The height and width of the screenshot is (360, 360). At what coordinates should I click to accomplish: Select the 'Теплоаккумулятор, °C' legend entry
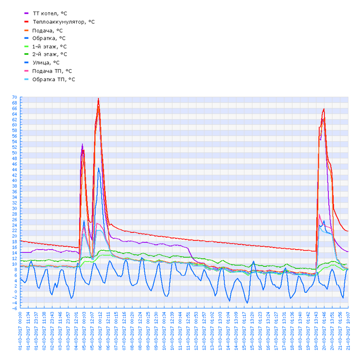pyautogui.click(x=63, y=22)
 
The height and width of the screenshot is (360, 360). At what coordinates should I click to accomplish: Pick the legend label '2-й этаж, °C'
pyautogui.click(x=49, y=54)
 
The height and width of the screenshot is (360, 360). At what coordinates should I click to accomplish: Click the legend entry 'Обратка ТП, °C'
pyautogui.click(x=53, y=79)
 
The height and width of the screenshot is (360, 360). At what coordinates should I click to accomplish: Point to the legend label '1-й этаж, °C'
pyautogui.click(x=49, y=47)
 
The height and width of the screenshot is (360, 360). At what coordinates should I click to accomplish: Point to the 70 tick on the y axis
pyautogui.click(x=14, y=97)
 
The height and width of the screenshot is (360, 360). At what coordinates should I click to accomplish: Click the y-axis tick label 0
pyautogui.click(x=16, y=292)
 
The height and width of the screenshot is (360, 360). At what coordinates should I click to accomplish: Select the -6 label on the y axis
pyautogui.click(x=15, y=308)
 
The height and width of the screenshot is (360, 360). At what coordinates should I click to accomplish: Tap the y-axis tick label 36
pyautogui.click(x=14, y=192)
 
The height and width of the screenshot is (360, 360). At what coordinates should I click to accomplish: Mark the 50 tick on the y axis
pyautogui.click(x=14, y=153)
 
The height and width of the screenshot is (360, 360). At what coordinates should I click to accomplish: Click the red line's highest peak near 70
pyautogui.click(x=98, y=98)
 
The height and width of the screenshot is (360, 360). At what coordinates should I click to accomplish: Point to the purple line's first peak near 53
pyautogui.click(x=82, y=144)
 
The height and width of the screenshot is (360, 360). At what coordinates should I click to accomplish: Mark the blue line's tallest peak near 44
pyautogui.click(x=99, y=168)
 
